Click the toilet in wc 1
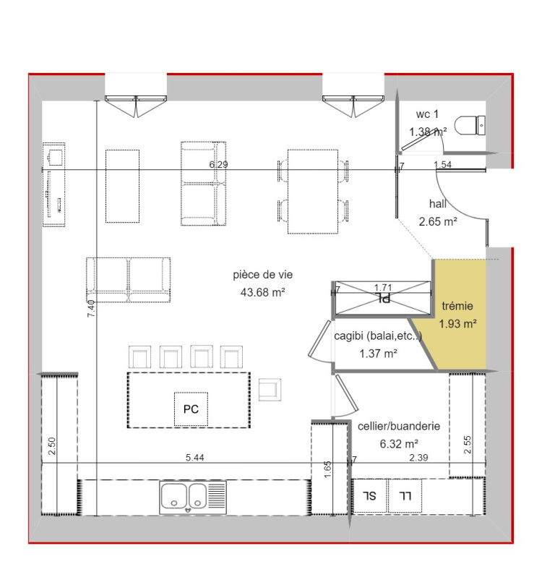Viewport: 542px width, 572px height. pos(470,126)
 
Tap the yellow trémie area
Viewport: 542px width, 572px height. pos(461,339)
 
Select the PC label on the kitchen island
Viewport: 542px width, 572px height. pos(191,409)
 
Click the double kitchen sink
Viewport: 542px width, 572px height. pos(193,498)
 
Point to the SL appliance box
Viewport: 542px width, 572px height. pos(369,496)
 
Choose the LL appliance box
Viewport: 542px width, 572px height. pos(405,496)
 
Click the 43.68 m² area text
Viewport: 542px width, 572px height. pos(262,292)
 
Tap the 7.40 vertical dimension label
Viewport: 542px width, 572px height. pos(91,308)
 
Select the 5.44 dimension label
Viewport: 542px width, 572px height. pos(194,458)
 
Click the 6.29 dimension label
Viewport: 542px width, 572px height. pos(218,165)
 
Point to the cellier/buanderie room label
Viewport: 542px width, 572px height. pos(399,426)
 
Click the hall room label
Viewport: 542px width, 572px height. pos(438,203)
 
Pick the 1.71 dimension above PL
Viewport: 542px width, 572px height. pos(383,288)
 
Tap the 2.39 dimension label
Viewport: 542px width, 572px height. pos(418,458)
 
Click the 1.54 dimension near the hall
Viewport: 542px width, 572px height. pos(442,165)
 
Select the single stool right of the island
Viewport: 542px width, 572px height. pos(270,390)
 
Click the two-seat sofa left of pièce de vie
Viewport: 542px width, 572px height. pos(129,280)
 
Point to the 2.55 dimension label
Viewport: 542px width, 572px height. pos(468,445)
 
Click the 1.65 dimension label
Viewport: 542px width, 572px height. pos(327,469)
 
